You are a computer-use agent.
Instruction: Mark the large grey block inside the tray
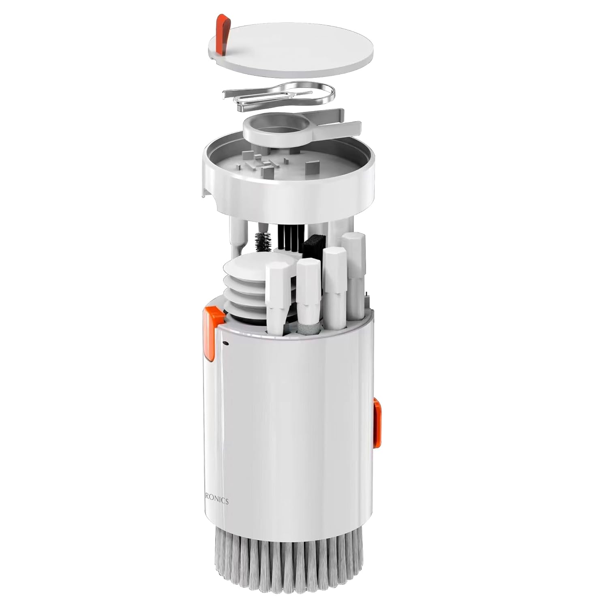312,166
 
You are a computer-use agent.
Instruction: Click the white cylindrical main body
292,426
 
